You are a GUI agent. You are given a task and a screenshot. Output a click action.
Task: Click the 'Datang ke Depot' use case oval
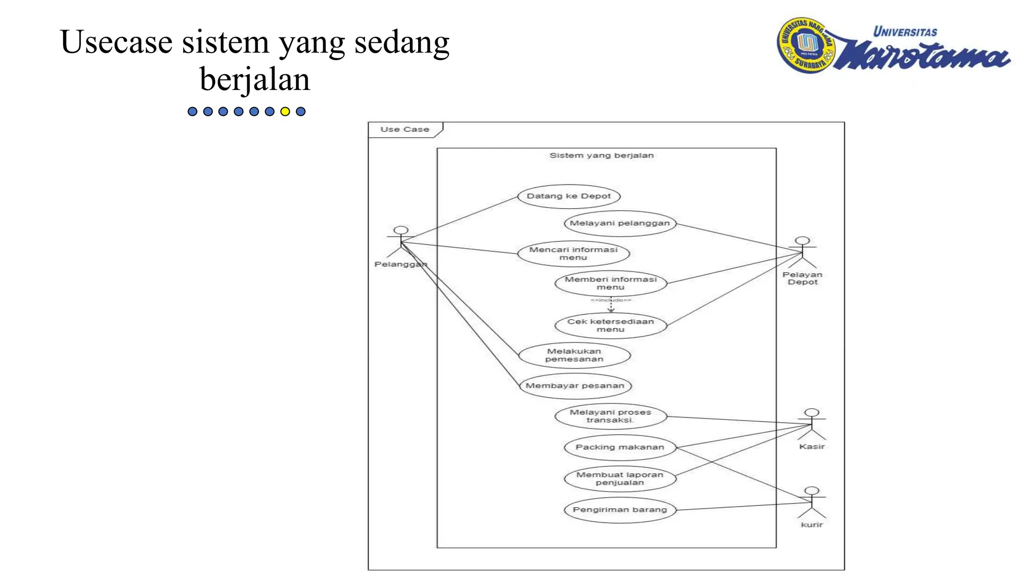point(569,196)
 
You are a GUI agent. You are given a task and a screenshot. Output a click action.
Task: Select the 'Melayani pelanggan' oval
point(619,223)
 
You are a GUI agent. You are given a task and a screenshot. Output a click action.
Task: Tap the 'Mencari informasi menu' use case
point(574,254)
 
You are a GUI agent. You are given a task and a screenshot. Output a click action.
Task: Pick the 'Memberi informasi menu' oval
point(610,283)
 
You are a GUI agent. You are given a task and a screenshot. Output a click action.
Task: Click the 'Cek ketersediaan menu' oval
point(610,325)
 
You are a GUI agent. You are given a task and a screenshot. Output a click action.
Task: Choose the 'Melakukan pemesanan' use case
point(574,355)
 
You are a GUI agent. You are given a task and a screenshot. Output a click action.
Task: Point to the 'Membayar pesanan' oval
point(575,386)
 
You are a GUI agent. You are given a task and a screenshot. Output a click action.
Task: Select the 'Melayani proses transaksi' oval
point(610,416)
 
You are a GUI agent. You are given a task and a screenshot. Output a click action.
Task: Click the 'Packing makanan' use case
point(619,447)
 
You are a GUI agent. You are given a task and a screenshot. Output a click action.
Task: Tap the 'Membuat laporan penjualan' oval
point(619,478)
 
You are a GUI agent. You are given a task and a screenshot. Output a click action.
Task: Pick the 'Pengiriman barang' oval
point(619,510)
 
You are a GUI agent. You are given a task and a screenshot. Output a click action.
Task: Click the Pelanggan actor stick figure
point(401,242)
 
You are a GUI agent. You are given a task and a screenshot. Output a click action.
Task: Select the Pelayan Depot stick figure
point(802,252)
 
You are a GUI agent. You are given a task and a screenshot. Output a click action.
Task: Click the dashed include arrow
point(611,305)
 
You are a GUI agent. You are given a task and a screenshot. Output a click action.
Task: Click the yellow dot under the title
point(285,112)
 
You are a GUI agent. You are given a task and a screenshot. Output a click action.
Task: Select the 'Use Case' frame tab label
point(405,129)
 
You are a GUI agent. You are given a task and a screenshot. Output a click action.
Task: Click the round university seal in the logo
point(806,45)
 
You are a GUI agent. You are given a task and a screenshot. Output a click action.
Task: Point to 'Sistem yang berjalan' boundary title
point(601,156)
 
